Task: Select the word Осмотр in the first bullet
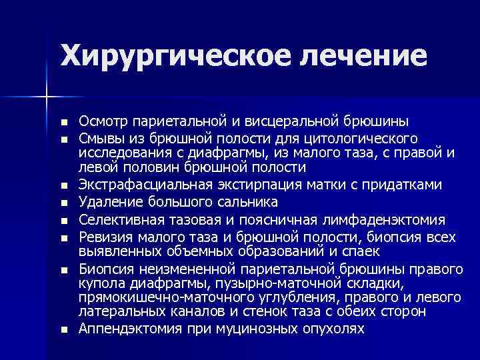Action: tap(102, 121)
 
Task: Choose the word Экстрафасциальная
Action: tap(143, 184)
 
